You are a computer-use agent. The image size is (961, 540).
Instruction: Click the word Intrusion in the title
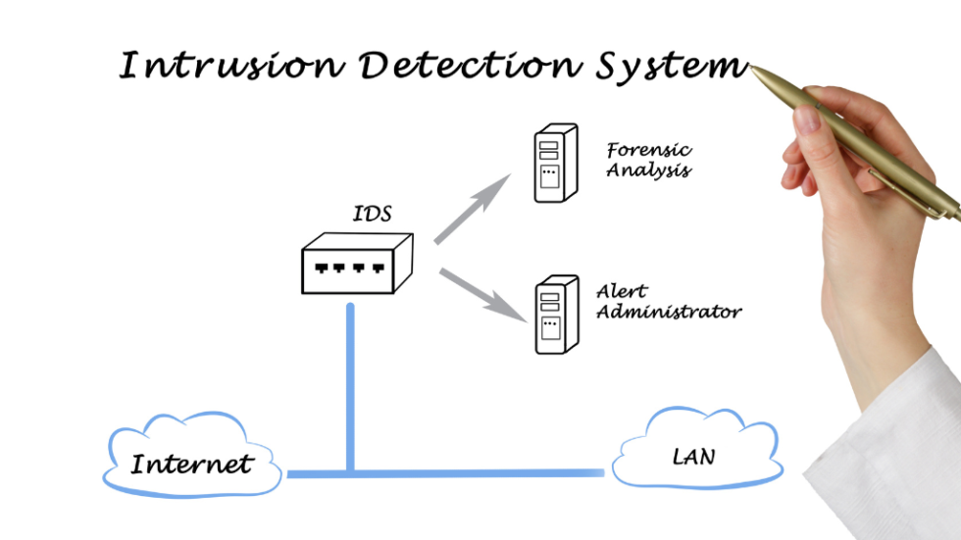click(x=231, y=64)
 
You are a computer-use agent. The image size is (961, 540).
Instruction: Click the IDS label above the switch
click(x=372, y=214)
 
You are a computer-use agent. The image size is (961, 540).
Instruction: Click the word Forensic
click(x=649, y=150)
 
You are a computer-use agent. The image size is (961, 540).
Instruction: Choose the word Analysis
click(x=648, y=171)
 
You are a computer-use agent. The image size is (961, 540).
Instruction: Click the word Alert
click(x=622, y=292)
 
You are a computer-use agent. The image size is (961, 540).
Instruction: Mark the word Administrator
click(x=669, y=313)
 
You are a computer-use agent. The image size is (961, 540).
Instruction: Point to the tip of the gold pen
click(x=753, y=68)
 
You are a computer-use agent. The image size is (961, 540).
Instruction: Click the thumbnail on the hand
click(x=807, y=121)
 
